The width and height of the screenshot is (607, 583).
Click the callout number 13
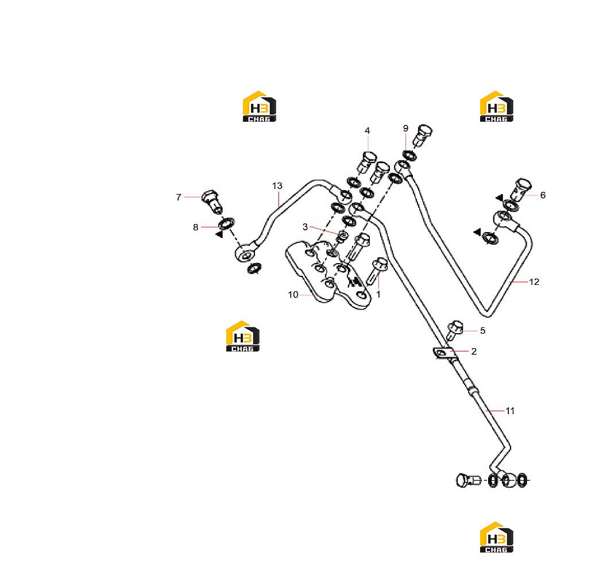(x=277, y=186)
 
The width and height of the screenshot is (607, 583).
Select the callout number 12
(x=534, y=282)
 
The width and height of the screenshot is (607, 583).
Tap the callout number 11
(x=510, y=411)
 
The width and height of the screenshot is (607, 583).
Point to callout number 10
(x=293, y=295)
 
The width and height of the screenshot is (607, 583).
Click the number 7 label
(x=179, y=198)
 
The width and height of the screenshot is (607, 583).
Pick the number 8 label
(x=195, y=227)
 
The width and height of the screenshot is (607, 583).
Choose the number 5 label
(x=482, y=331)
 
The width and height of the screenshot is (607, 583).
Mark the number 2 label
(x=474, y=351)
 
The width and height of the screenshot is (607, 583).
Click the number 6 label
(x=543, y=195)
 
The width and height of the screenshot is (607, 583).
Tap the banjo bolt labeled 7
(x=212, y=201)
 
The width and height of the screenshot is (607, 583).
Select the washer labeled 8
(x=226, y=223)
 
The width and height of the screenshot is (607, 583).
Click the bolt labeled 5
(x=455, y=330)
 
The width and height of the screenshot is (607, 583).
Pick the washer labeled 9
(x=409, y=156)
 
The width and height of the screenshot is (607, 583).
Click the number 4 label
(x=367, y=131)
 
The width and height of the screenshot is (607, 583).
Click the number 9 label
(x=405, y=128)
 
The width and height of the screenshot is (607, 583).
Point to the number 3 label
(x=305, y=227)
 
